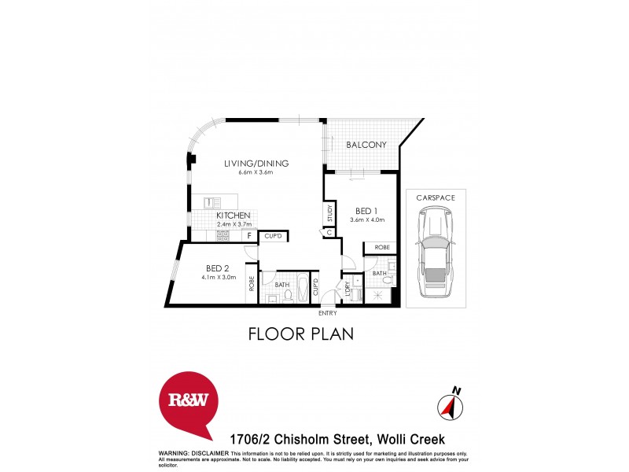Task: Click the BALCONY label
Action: [x=366, y=145]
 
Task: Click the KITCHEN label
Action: [x=234, y=216]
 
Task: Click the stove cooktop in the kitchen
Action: [x=223, y=234]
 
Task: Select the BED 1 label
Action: [x=367, y=211]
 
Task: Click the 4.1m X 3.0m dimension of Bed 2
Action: [x=219, y=276]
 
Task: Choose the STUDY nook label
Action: [x=330, y=213]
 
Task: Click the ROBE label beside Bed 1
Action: [x=381, y=247]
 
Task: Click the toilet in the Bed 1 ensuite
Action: [x=380, y=296]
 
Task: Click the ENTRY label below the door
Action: [x=327, y=313]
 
